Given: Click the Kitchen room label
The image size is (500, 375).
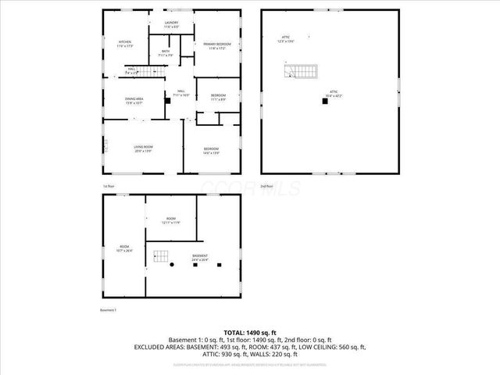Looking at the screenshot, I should (125, 44).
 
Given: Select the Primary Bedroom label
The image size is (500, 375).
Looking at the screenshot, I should (216, 46).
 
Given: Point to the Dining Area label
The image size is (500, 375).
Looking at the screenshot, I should (134, 101).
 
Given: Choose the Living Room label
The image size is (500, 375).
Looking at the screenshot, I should (142, 148).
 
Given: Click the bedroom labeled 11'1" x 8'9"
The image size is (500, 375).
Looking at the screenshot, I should (219, 97).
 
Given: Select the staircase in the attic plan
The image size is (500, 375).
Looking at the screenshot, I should (302, 72).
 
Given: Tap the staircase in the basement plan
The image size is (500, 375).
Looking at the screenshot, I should (162, 256).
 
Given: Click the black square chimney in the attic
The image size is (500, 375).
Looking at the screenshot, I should (323, 100).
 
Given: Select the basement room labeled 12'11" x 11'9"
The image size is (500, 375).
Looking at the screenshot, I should (171, 220).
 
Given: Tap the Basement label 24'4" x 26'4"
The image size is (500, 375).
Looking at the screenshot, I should (202, 257).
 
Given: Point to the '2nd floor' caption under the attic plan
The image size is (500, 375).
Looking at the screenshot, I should (266, 187).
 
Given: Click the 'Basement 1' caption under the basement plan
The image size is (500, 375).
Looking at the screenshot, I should (108, 310).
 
